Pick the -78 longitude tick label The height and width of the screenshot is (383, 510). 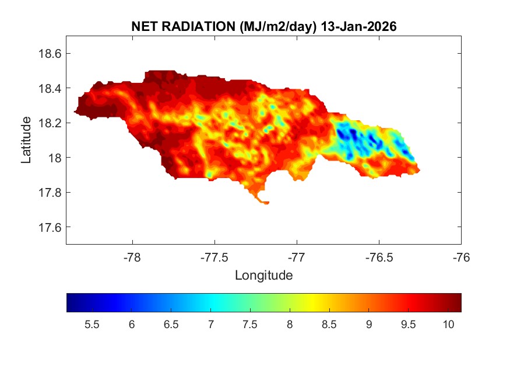[132, 257]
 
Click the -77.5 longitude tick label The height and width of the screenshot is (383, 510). [214, 257]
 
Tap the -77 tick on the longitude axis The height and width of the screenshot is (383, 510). [297, 257]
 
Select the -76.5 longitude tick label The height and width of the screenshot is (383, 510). [379, 257]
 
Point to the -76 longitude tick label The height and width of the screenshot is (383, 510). [461, 257]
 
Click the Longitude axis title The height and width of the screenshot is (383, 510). [263, 275]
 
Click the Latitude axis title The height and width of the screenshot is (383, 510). [26, 140]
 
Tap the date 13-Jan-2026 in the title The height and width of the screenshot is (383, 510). [359, 26]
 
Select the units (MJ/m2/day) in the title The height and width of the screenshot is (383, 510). [276, 26]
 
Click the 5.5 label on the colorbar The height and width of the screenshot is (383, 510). [92, 325]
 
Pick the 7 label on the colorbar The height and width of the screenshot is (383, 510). [210, 325]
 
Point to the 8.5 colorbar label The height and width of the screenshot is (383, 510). [329, 325]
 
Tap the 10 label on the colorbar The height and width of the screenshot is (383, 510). [448, 325]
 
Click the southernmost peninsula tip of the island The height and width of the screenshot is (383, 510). [266, 203]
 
